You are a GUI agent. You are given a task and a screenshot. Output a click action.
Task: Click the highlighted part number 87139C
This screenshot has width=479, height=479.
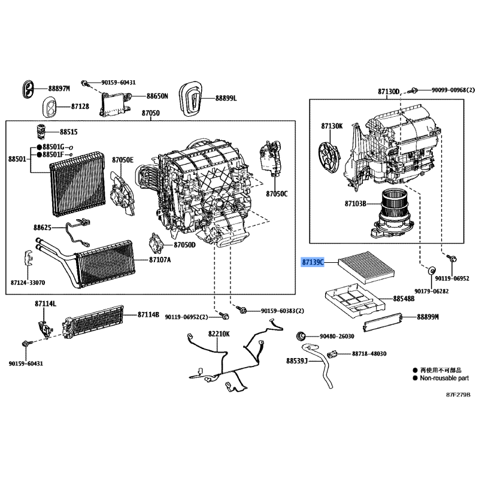tap(313, 262)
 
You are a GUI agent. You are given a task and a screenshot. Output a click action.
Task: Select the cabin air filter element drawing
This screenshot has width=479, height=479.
tap(366, 266)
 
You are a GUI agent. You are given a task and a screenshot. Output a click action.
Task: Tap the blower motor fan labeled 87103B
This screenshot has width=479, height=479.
tap(392, 214)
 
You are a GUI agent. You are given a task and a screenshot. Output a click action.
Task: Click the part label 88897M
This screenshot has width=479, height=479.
tap(59, 89)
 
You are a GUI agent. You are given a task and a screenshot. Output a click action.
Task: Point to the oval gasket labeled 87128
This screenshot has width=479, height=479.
tap(49, 107)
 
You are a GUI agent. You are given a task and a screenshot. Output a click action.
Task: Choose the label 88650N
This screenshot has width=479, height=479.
tap(157, 96)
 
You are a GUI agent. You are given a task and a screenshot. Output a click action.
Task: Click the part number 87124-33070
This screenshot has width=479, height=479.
tap(28, 283)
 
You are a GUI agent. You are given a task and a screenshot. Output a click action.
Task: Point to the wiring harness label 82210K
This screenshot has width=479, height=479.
tap(219, 334)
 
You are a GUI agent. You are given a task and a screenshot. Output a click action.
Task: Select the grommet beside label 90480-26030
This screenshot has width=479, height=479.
tap(301, 336)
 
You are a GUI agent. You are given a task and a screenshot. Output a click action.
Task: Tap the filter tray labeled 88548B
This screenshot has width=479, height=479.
tap(355, 300)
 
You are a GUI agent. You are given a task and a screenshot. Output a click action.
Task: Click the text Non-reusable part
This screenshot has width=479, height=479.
tap(444, 378)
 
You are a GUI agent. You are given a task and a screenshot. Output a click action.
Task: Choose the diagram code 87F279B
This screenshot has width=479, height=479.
tap(458, 395)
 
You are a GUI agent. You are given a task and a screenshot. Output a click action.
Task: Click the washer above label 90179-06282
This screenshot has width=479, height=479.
tap(431, 271)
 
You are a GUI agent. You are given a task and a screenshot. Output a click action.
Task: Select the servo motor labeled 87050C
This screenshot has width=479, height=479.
tap(270, 159)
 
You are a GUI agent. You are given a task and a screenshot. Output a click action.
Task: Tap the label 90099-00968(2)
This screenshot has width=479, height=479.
tap(453, 90)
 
